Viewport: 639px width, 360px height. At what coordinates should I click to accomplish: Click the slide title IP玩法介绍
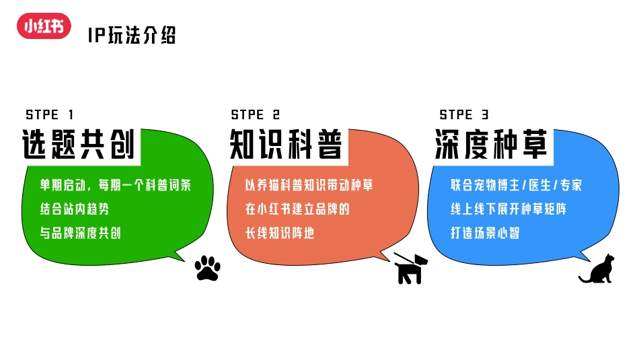point(132,35)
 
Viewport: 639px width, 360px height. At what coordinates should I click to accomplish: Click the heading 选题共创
point(79,145)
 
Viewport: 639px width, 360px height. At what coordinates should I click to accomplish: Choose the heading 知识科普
point(286,145)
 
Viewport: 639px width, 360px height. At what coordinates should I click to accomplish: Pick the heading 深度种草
point(492,145)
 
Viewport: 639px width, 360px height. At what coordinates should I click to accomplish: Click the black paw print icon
point(207,268)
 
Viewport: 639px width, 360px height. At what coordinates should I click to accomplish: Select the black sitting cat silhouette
point(597,268)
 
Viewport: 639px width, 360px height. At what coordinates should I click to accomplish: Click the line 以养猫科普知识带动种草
point(309,185)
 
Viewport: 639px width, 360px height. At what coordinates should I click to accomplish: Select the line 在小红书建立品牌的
point(298,209)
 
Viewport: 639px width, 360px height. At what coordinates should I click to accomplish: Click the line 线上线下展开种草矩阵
point(509,209)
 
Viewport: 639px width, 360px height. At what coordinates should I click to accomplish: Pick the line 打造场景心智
point(485,233)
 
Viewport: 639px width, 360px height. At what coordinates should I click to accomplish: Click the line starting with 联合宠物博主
point(517,185)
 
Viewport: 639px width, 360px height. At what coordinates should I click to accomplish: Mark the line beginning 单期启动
point(116,185)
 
